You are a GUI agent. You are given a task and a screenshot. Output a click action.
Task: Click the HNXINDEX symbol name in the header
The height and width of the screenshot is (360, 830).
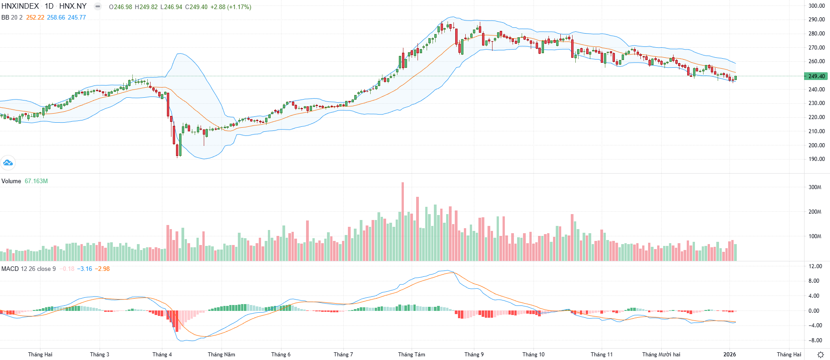pos(20,6)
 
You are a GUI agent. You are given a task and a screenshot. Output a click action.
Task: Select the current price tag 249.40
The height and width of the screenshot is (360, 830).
pos(816,76)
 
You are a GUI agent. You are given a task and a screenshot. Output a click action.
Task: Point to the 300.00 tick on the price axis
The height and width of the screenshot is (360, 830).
pos(816,6)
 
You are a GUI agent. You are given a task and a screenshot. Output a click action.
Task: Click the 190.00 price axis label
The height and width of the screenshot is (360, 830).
pos(816,159)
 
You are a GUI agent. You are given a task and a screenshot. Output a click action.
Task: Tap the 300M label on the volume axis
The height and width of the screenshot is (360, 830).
pos(815,187)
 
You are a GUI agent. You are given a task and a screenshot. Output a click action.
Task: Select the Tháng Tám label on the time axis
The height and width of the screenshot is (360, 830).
pos(412,355)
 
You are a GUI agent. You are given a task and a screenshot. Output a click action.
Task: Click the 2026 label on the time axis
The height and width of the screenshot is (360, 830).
pos(729,355)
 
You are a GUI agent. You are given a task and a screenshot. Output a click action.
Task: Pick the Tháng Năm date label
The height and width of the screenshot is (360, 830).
pos(221,355)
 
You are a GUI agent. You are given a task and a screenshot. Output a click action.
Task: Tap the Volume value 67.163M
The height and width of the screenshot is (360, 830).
pos(36,181)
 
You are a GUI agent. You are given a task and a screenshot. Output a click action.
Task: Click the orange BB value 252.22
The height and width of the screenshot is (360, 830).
pos(35,17)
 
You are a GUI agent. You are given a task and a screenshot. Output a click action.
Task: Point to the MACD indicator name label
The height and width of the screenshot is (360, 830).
pos(10,269)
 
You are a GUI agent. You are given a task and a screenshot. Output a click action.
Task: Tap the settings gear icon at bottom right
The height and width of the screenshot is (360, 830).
pos(820,355)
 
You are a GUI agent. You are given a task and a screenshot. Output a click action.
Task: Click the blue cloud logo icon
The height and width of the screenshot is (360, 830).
pos(8,162)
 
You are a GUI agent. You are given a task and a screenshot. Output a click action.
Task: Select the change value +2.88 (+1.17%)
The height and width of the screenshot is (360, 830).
pos(231,7)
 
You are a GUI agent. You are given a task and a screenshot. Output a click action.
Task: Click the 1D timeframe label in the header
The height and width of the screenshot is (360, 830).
pos(49,6)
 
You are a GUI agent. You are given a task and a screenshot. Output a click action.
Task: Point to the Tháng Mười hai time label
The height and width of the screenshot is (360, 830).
pos(661,355)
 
